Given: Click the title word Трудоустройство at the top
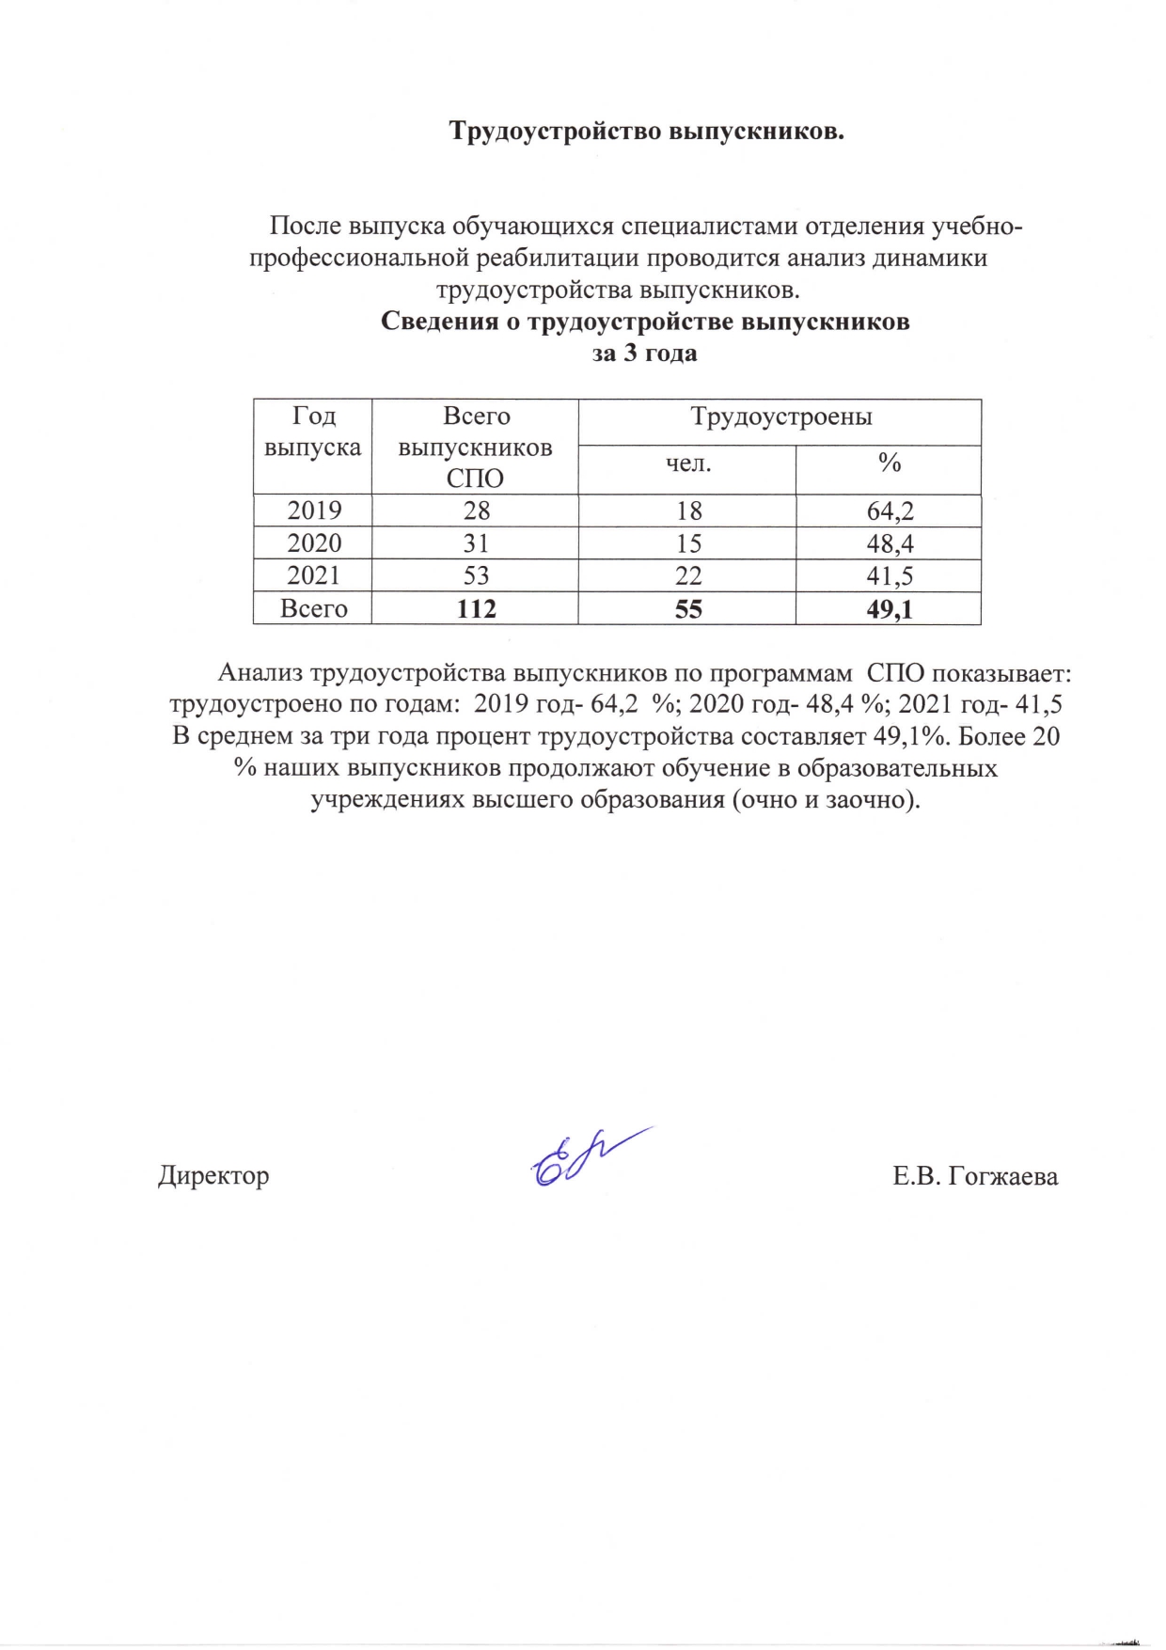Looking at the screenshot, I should [555, 131].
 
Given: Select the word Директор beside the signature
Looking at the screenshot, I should [213, 1175].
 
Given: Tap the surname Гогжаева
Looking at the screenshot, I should [1002, 1176].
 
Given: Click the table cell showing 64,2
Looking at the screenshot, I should [890, 511].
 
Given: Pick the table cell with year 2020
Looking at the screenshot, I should [313, 543].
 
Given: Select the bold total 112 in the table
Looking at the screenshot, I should [476, 609].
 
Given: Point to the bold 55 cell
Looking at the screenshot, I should [687, 609].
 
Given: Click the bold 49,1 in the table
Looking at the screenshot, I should [889, 609].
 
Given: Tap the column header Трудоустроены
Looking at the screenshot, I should [780, 416].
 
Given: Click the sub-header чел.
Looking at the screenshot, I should [687, 463].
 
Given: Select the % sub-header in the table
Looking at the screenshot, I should [890, 463].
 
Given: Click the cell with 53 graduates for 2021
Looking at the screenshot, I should [476, 575].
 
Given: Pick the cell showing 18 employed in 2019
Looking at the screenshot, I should [688, 511].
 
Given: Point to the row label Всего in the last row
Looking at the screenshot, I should [313, 609].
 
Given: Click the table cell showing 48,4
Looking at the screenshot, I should [890, 543].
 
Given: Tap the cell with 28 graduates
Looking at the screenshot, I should [476, 511].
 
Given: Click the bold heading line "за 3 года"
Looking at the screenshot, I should [644, 354].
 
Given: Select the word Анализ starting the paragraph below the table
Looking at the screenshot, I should [260, 673].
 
